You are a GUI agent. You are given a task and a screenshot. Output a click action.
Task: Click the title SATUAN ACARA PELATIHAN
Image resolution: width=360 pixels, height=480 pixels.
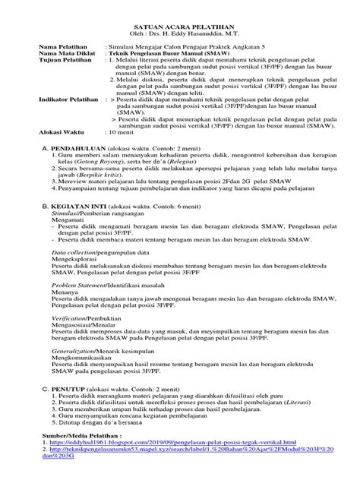[180, 25]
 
